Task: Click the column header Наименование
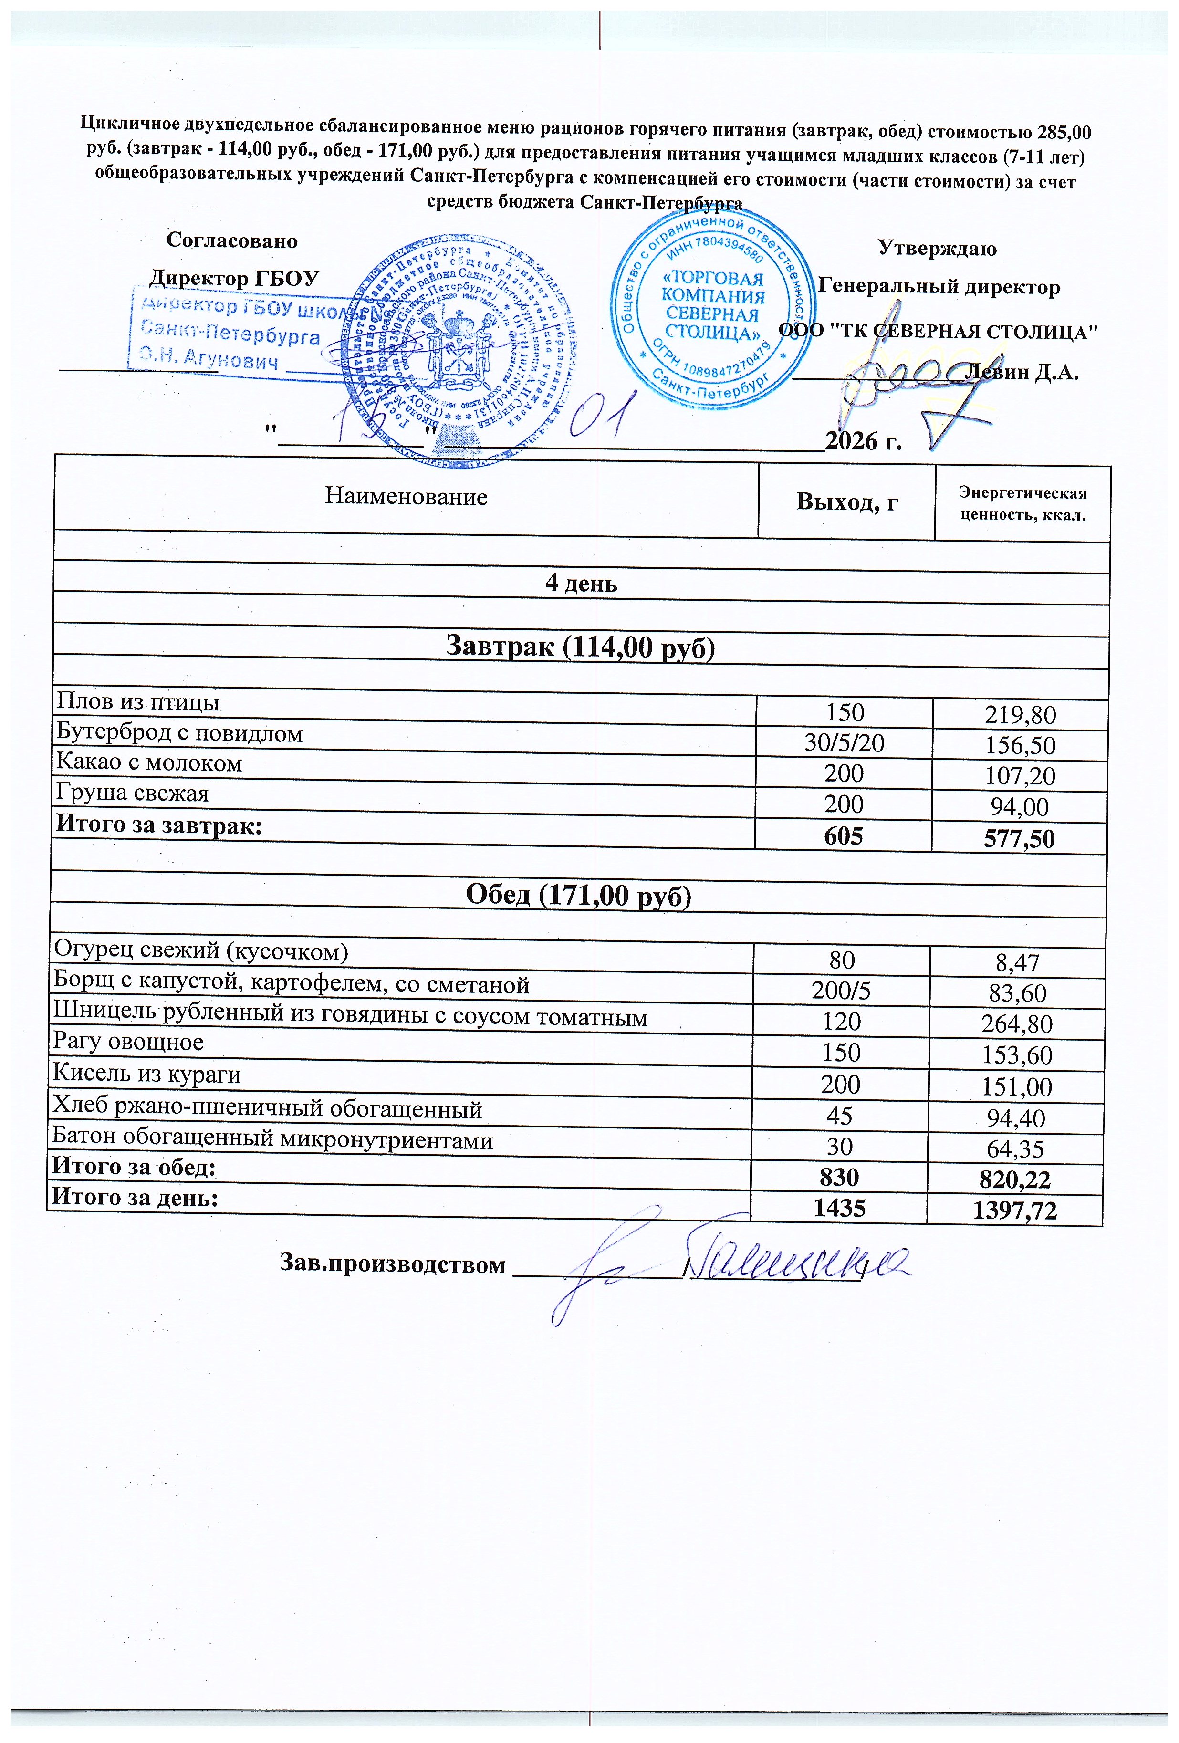(x=406, y=497)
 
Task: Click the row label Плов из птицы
(x=138, y=703)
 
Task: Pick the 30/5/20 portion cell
(x=844, y=742)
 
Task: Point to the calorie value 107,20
(x=1021, y=775)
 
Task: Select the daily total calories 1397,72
(x=1014, y=1209)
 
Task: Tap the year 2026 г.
(x=863, y=440)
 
